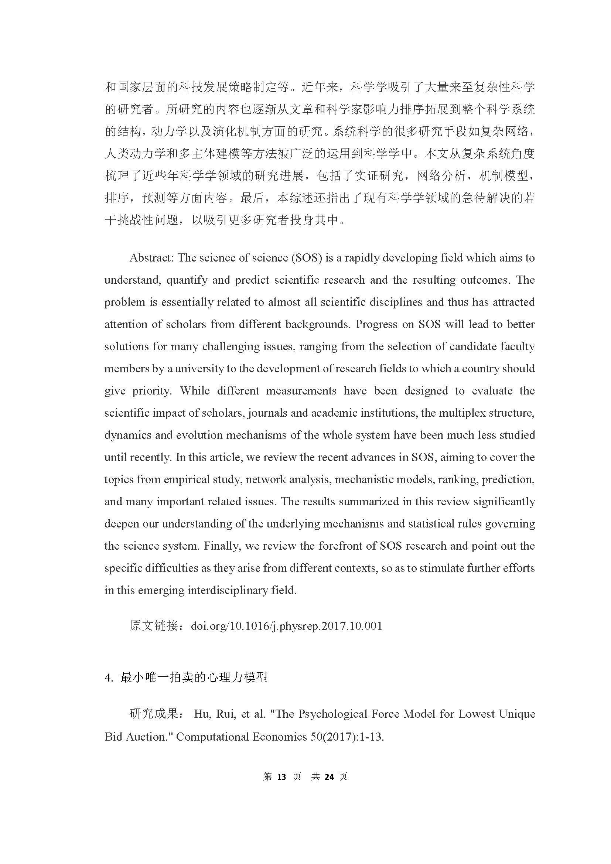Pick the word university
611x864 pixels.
pos(199,369)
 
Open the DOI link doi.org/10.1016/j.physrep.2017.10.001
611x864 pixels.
pos(287,626)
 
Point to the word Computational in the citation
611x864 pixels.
pos(212,737)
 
